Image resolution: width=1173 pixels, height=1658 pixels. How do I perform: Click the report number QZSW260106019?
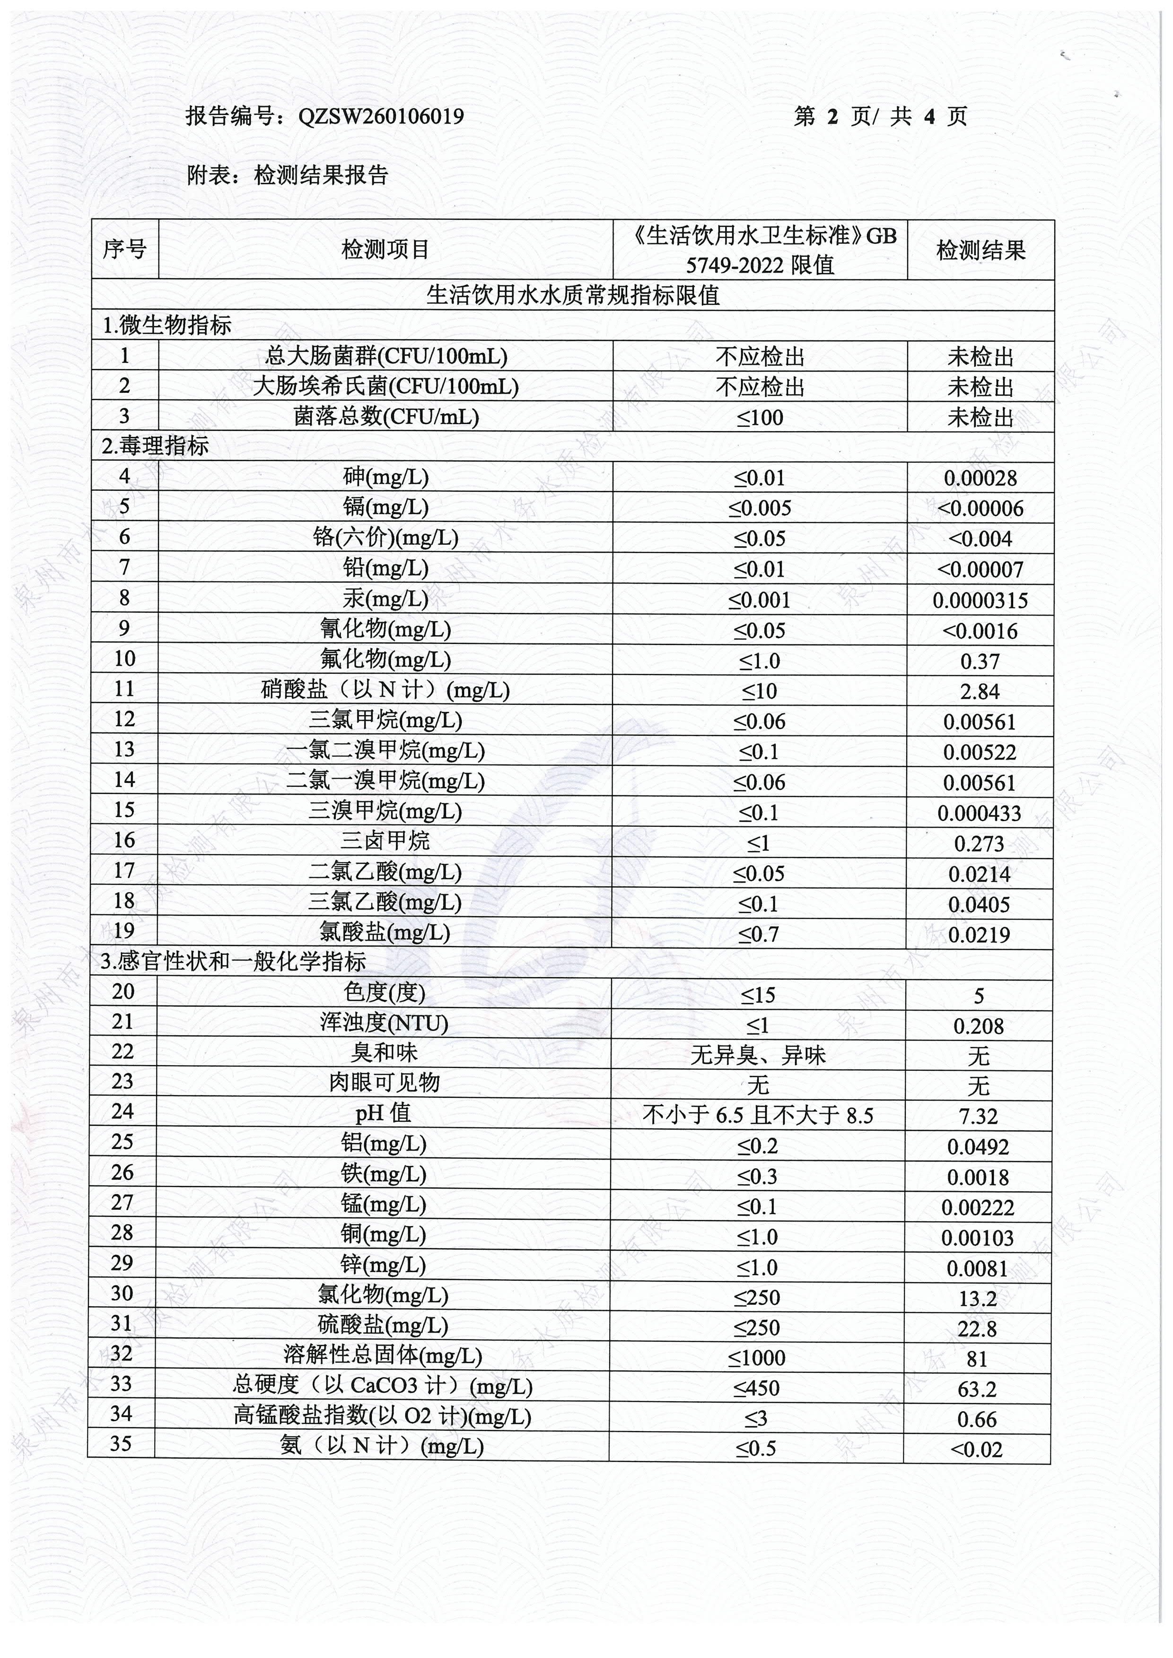[381, 116]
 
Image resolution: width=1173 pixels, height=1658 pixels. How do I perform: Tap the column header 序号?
[124, 250]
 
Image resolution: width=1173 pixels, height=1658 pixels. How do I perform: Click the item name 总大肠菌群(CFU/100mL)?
[385, 356]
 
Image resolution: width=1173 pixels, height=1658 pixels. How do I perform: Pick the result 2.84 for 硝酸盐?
[980, 692]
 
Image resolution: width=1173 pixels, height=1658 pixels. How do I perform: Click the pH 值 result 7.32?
[978, 1116]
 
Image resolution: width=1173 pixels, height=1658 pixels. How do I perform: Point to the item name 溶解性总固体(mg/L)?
[383, 1355]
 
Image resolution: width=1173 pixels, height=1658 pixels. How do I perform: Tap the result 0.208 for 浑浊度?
[978, 1026]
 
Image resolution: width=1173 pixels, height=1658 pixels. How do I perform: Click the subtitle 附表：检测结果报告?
[288, 175]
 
